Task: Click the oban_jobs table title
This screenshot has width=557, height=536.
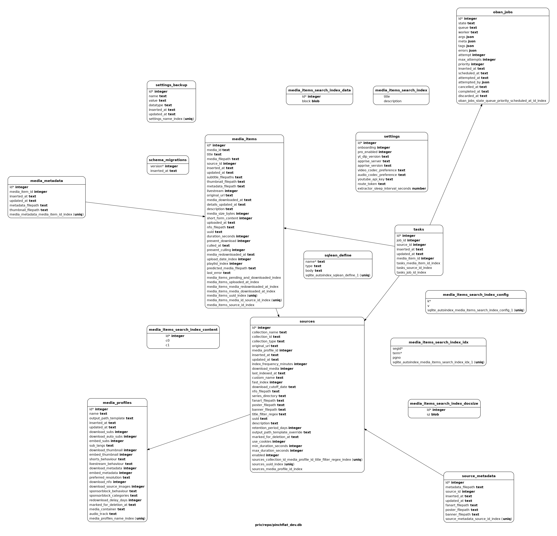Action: tap(503, 12)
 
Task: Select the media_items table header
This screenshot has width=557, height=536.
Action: tap(244, 139)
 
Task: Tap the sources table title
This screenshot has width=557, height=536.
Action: tap(307, 322)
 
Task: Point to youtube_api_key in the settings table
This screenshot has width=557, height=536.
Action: tap(375, 179)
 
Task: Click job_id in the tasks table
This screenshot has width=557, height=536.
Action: tap(408, 240)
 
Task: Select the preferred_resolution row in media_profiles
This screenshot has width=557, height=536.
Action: tap(109, 477)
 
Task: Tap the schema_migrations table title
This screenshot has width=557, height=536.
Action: tap(168, 160)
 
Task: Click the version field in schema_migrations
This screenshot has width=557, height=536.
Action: tap(164, 166)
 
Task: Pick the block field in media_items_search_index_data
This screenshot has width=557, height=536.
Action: tap(311, 101)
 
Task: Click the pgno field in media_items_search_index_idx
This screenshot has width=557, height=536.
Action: tap(397, 357)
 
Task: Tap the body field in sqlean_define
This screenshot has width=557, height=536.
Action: tap(314, 271)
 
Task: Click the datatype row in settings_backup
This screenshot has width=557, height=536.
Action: tap(160, 105)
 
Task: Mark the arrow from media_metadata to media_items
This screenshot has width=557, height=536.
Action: tap(145, 209)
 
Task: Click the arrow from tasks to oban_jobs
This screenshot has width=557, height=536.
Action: tap(456, 164)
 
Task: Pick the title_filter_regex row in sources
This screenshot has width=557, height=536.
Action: tap(269, 414)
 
